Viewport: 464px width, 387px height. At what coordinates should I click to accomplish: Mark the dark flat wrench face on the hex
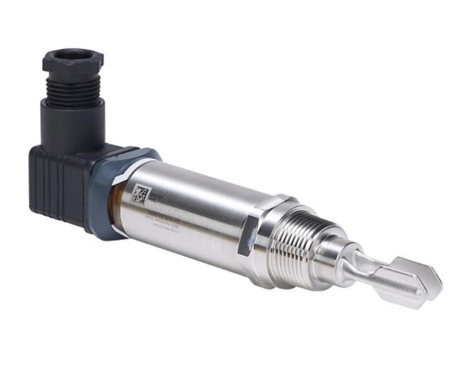coord(249,236)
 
